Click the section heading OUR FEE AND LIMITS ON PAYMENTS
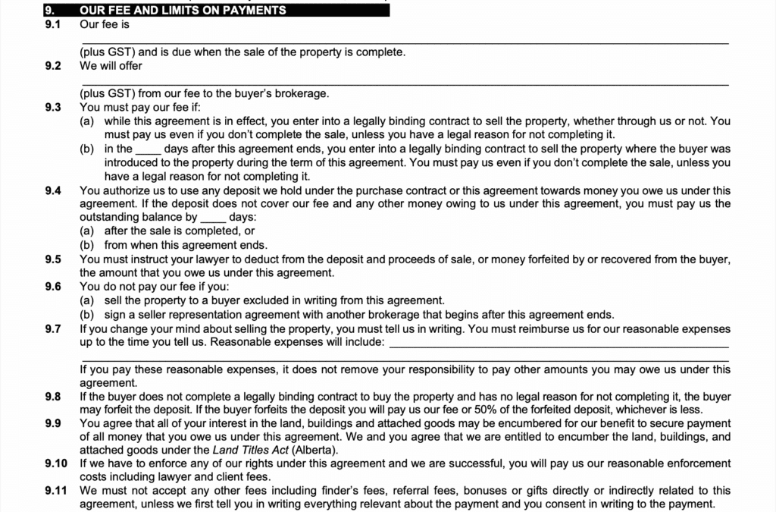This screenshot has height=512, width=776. click(x=183, y=11)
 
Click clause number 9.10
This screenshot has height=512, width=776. click(x=55, y=463)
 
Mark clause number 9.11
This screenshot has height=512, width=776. click(x=55, y=491)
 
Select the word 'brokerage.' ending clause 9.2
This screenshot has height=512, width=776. click(x=304, y=93)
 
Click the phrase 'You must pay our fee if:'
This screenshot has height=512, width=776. click(x=139, y=107)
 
